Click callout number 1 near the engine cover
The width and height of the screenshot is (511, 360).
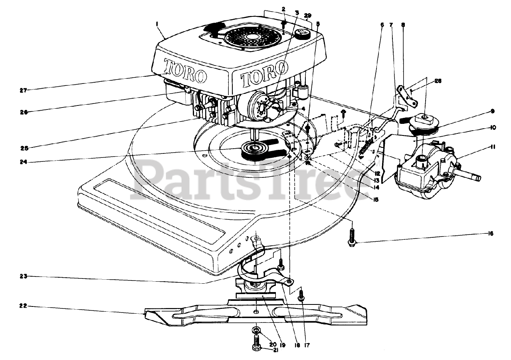(157, 24)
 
